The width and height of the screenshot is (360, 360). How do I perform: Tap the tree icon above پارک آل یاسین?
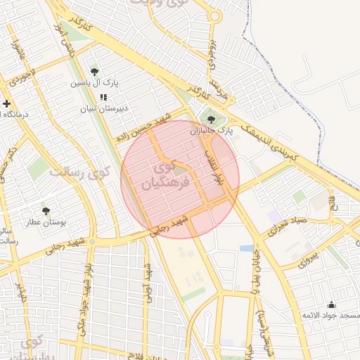pyautogui.click(x=94, y=71)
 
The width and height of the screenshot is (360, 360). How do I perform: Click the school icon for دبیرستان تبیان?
pyautogui.click(x=103, y=98)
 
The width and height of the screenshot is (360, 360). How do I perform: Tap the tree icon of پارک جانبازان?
pyautogui.click(x=212, y=120)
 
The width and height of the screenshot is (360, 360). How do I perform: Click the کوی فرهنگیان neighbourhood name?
pyautogui.click(x=160, y=176)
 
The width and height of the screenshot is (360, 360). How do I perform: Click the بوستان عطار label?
pyautogui.click(x=46, y=222)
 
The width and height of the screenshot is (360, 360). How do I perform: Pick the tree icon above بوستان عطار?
pyautogui.click(x=46, y=210)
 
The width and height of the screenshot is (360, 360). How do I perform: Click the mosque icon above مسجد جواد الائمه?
pyautogui.click(x=331, y=304)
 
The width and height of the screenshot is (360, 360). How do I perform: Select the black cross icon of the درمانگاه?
pyautogui.click(x=6, y=103)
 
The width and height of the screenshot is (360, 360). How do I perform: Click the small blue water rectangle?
pyautogui.click(x=246, y=248)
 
